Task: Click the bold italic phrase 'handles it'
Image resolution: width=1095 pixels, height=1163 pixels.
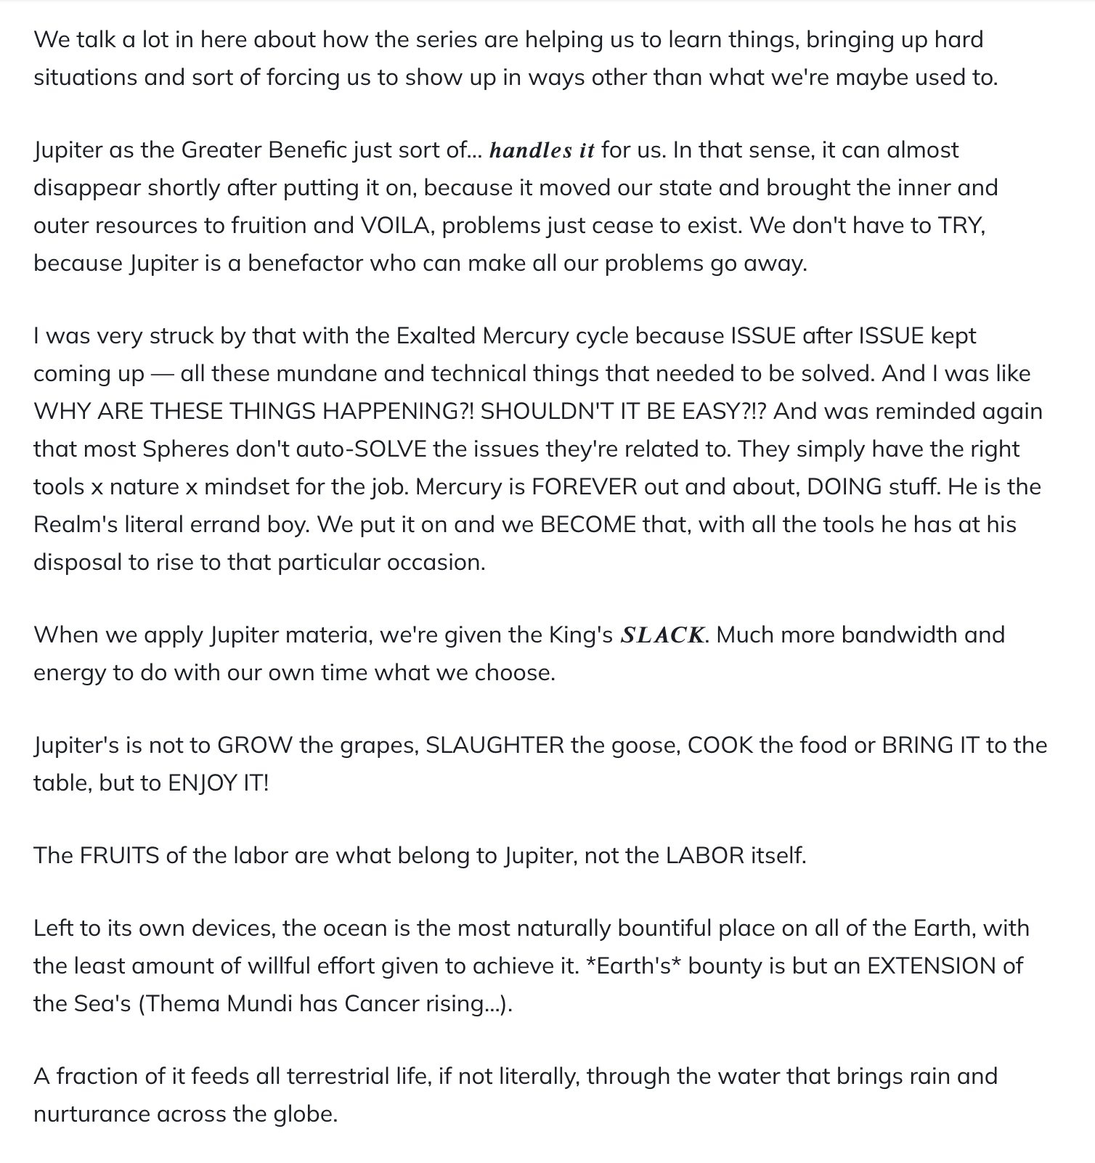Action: point(542,150)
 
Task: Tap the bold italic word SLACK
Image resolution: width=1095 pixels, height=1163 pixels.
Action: point(662,635)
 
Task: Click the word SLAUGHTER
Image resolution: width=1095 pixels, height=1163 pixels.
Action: point(494,746)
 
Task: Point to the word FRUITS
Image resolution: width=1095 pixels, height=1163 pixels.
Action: point(119,856)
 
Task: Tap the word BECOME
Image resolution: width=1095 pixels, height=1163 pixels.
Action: point(588,525)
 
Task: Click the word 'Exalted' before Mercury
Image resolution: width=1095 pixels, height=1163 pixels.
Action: point(435,336)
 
